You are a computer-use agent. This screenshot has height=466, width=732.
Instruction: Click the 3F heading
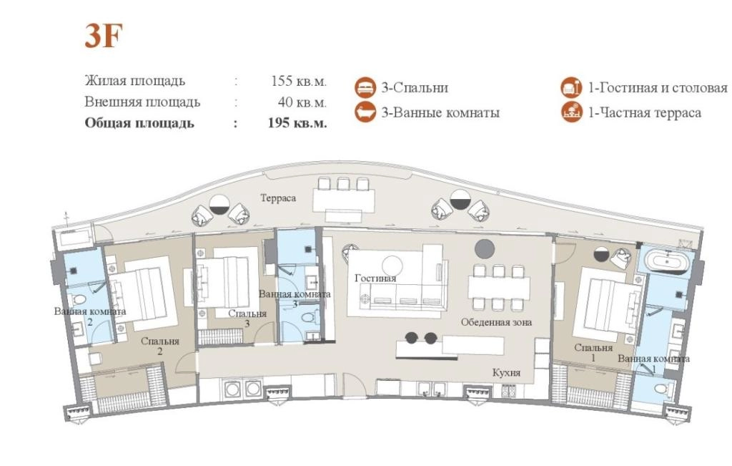pyautogui.click(x=103, y=35)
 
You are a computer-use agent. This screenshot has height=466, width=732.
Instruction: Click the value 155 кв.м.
pyautogui.click(x=299, y=81)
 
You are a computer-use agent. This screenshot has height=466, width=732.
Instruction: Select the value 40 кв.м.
pyautogui.click(x=302, y=102)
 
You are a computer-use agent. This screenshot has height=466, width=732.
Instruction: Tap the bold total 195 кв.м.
pyautogui.click(x=297, y=123)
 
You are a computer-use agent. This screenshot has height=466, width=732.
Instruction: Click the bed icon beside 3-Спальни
pyautogui.click(x=365, y=87)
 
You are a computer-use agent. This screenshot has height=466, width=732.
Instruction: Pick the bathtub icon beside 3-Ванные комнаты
pyautogui.click(x=365, y=112)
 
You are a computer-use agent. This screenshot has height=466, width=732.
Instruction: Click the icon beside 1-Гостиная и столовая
pyautogui.click(x=571, y=87)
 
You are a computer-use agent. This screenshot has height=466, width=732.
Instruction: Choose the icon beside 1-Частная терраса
pyautogui.click(x=571, y=112)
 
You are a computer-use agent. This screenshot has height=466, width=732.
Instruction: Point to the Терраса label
pyautogui.click(x=278, y=198)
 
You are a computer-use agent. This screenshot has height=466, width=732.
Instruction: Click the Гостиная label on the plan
pyautogui.click(x=375, y=278)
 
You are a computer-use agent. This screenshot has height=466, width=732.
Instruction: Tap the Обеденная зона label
pyautogui.click(x=496, y=322)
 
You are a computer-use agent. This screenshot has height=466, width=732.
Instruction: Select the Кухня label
pyautogui.click(x=507, y=372)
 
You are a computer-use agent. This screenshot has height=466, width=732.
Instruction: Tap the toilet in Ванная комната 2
pyautogui.click(x=79, y=299)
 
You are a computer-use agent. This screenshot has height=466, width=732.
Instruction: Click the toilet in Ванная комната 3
pyautogui.click(x=307, y=319)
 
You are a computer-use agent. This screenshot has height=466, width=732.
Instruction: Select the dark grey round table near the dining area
pyautogui.click(x=485, y=248)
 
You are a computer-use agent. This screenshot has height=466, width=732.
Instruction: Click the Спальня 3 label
pyautogui.click(x=247, y=318)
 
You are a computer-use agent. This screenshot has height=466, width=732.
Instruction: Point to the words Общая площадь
pyautogui.click(x=139, y=123)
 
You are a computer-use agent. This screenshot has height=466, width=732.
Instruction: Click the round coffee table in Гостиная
pyautogui.click(x=392, y=266)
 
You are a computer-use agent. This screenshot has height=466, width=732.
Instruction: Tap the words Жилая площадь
pyautogui.click(x=135, y=81)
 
